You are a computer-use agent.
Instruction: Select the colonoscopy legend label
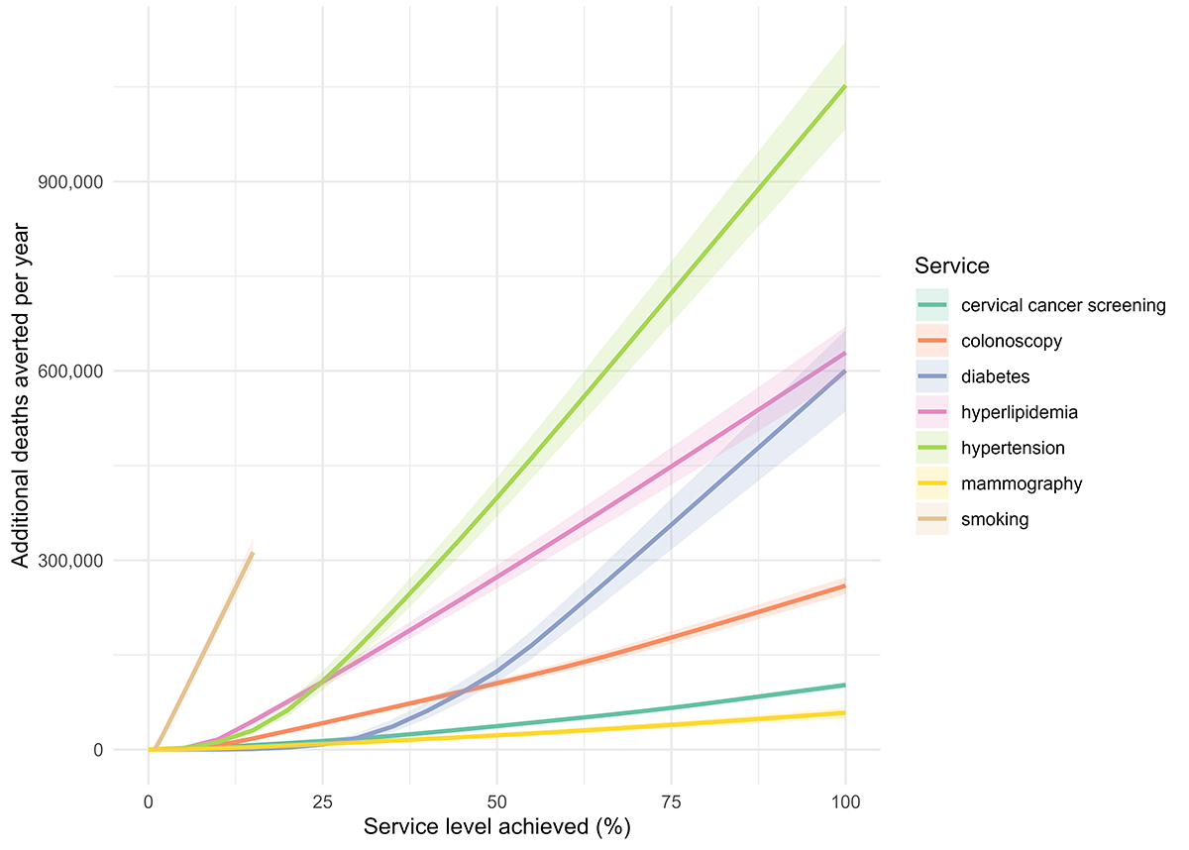coord(1011,341)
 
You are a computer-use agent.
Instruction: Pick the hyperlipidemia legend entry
coord(1020,412)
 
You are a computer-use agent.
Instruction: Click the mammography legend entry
coord(1021,483)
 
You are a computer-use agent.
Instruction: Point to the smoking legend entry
coord(995,519)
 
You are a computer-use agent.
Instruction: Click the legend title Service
coord(951,266)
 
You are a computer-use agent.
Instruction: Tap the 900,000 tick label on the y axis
coord(70,182)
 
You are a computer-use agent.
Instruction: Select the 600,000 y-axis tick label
coord(70,372)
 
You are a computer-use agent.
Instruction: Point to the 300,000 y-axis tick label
coord(70,561)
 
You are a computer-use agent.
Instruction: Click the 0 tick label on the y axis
coord(97,750)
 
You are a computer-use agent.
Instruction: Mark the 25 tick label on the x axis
coord(323,799)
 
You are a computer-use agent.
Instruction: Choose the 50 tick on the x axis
coord(497,799)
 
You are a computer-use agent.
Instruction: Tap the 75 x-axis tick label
coord(671,799)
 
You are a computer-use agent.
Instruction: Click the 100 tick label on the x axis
coord(845,799)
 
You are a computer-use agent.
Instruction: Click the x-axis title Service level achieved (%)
coord(496,826)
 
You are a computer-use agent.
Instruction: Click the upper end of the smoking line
coord(253,553)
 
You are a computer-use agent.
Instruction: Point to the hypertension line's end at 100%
coord(845,86)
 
